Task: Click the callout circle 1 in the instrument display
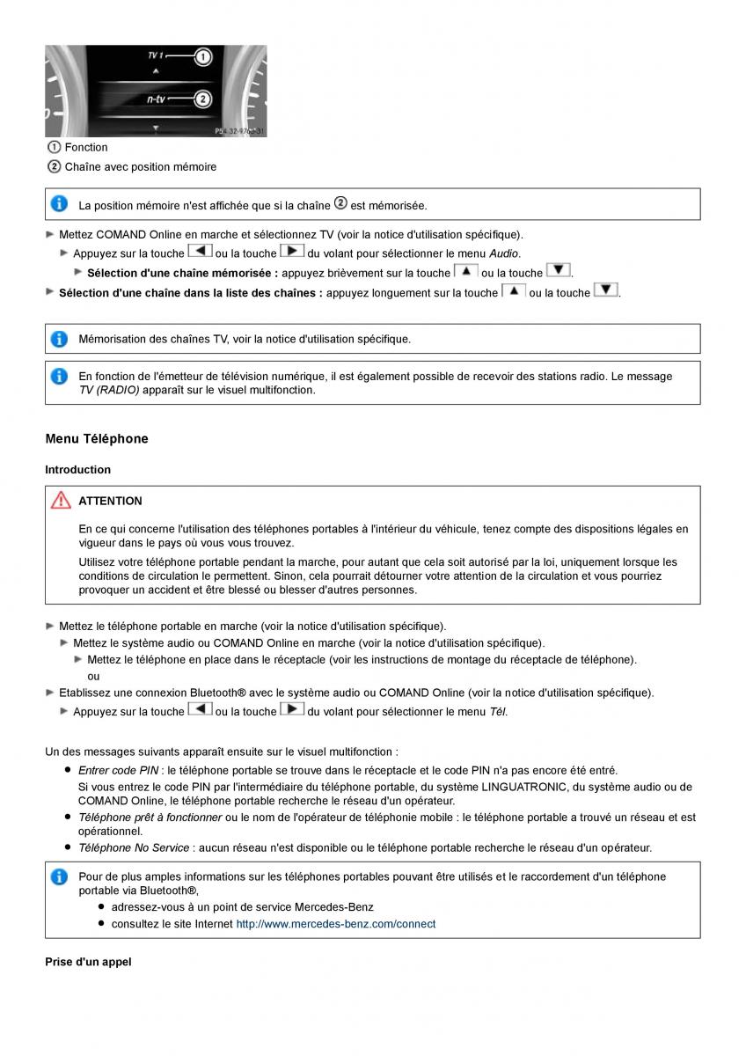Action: click(x=202, y=58)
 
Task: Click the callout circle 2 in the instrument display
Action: click(x=202, y=99)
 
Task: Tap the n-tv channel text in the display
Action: click(x=157, y=99)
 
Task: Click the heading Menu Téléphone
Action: click(x=97, y=438)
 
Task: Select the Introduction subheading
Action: click(x=78, y=470)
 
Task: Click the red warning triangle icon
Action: click(x=60, y=501)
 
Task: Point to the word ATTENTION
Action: click(x=110, y=501)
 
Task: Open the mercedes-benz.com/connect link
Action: click(x=335, y=924)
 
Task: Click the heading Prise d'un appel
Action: click(x=88, y=962)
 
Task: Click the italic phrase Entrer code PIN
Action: click(x=118, y=770)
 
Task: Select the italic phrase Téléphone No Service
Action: click(x=134, y=847)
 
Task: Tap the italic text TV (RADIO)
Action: click(x=109, y=390)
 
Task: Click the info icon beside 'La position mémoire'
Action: click(x=59, y=204)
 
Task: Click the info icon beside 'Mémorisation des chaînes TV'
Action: click(x=59, y=339)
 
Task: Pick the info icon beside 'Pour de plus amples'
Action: click(x=59, y=876)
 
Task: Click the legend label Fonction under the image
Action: click(x=86, y=147)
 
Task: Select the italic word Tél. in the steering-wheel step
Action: click(x=498, y=711)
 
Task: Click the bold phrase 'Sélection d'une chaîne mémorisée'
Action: click(x=182, y=273)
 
